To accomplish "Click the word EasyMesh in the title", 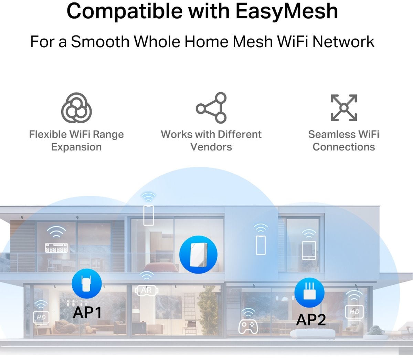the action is coord(287,11).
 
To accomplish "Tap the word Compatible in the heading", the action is coord(124,11).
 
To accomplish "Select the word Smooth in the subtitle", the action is coord(100,42).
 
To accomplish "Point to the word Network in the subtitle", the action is coord(343,42).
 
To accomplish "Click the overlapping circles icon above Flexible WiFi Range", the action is coord(76,108).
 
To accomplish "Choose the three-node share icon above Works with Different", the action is coord(211,108).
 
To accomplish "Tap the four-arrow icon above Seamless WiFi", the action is coord(344,108).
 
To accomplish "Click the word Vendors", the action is coord(211,147).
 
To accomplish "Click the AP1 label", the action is coord(87,312).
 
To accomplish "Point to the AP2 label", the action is coord(311,320).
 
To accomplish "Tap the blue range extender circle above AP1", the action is coord(87,284).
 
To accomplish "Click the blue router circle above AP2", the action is coord(309,292).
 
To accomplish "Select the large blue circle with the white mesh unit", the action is coord(198,255).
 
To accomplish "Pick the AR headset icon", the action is coord(147,290).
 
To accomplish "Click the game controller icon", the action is coord(248,327).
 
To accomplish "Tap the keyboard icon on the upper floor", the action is coord(56,248).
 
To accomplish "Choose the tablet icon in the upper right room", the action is coord(309,250).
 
